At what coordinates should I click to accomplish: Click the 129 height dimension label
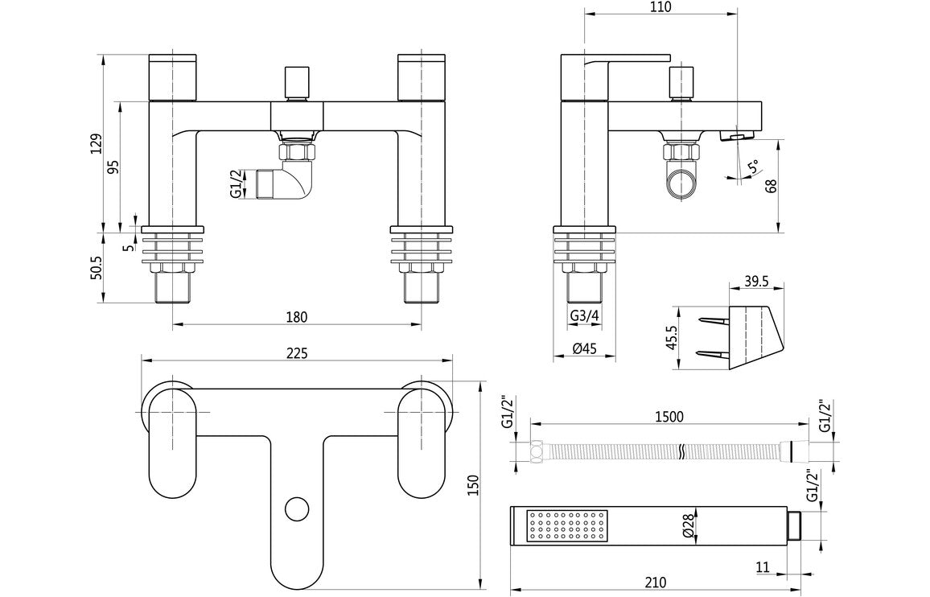click(96, 144)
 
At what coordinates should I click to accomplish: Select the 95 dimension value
click(113, 167)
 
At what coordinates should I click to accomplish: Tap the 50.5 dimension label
click(96, 268)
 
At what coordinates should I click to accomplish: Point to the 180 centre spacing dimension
click(297, 317)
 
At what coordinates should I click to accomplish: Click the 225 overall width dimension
click(298, 353)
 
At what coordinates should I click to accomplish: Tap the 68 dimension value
click(770, 187)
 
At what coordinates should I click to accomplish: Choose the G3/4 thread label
click(584, 316)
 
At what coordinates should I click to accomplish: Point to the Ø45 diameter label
click(584, 348)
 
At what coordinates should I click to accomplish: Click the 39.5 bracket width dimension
click(756, 281)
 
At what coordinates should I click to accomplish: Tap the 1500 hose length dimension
click(669, 416)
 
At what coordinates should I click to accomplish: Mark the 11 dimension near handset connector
click(763, 566)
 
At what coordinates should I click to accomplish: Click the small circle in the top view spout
click(297, 508)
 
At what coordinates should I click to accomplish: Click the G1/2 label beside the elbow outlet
click(236, 183)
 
